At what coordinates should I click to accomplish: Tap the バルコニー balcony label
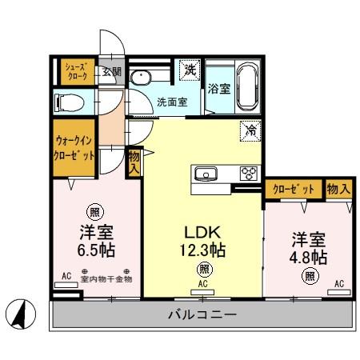(202, 314)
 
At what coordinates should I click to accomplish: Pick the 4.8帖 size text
(308, 257)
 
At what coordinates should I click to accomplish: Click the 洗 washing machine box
(190, 70)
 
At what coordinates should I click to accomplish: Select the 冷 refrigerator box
(250, 129)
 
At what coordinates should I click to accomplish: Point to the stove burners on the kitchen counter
(249, 173)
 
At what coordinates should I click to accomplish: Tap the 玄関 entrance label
(112, 72)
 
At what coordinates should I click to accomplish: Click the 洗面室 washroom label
(171, 102)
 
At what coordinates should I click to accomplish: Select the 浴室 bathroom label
(219, 89)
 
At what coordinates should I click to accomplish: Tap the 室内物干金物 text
(106, 278)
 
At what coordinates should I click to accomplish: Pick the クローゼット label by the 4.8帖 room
(293, 190)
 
